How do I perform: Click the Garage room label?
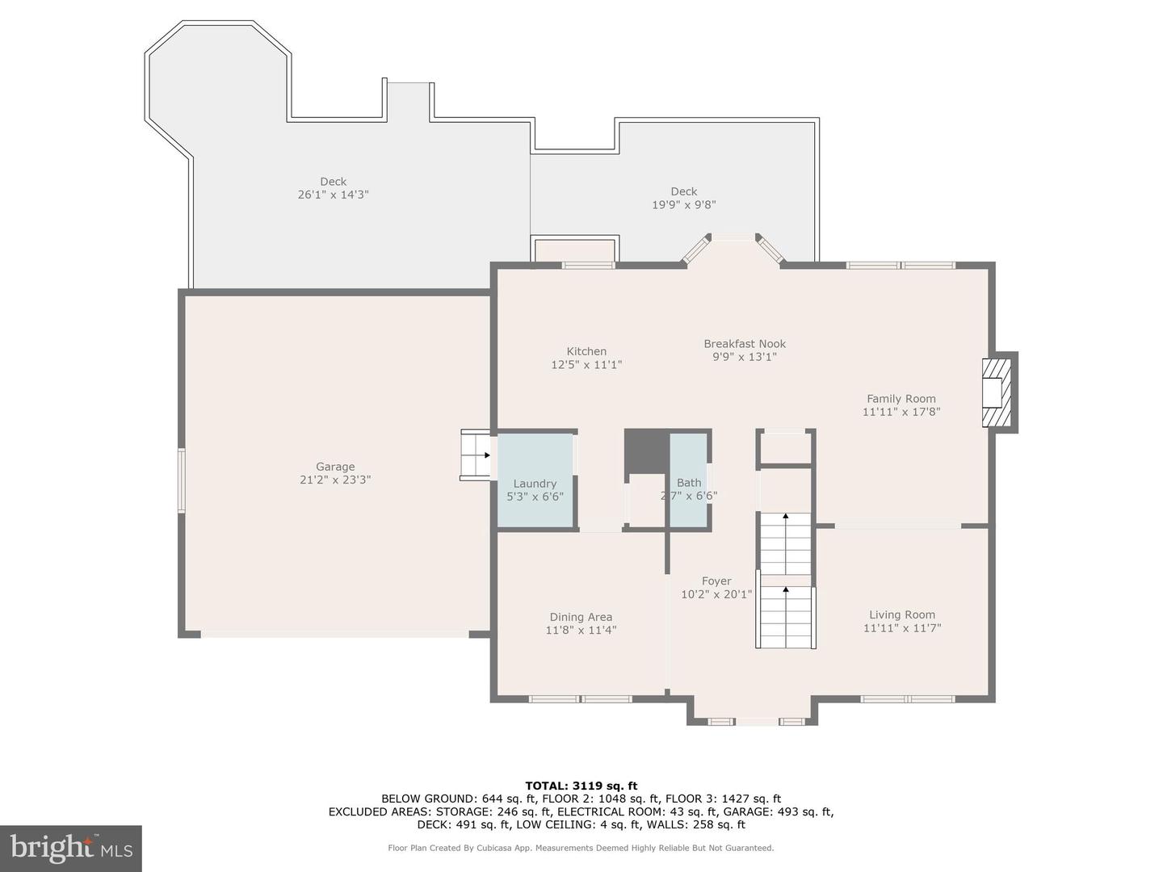[x=335, y=467]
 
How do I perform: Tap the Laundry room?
[x=535, y=481]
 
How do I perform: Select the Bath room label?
[x=689, y=483]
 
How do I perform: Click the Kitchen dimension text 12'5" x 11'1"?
[x=586, y=365]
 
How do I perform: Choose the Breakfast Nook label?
[x=745, y=344]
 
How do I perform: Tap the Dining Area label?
[x=581, y=617]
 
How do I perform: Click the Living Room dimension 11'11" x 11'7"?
[x=902, y=628]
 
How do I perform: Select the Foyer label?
[x=716, y=581]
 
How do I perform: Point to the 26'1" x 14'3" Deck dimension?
[x=333, y=195]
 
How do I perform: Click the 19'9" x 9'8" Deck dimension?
[x=684, y=205]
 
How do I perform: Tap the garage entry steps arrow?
[x=486, y=455]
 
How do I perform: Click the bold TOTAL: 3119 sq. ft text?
[x=581, y=786]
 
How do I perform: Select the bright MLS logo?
[x=71, y=848]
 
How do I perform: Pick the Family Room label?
[x=901, y=399]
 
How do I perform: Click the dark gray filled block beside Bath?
[x=647, y=452]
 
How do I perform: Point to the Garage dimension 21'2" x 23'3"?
[x=335, y=480]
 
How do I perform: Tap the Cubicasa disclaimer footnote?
[x=581, y=848]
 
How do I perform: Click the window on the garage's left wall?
[x=182, y=480]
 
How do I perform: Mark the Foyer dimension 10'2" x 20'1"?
[x=716, y=594]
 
